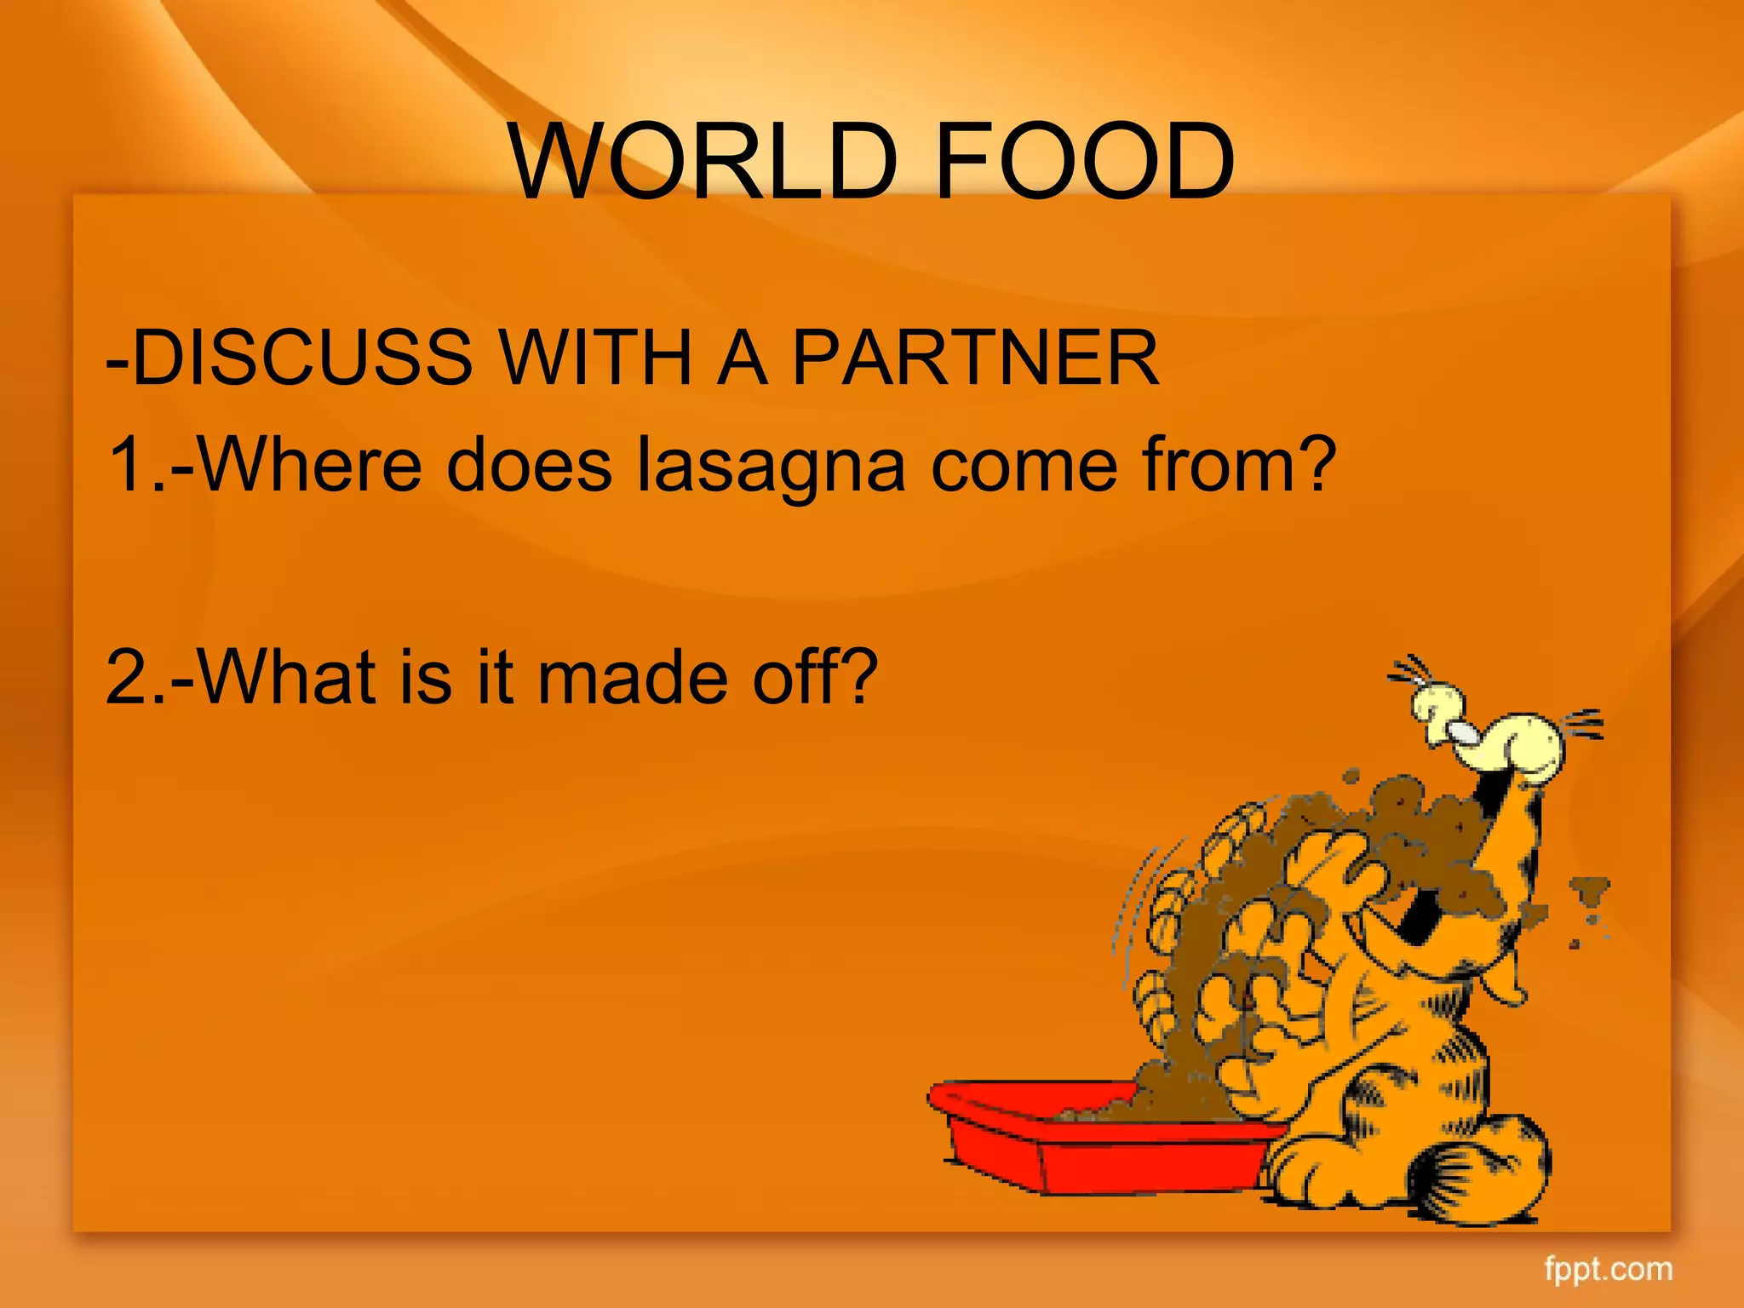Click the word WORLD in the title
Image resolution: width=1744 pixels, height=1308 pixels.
click(x=703, y=162)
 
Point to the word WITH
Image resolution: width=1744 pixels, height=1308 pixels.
click(x=596, y=358)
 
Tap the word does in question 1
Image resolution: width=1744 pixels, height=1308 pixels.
click(x=529, y=465)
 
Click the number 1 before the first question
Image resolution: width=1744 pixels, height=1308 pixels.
click(x=128, y=465)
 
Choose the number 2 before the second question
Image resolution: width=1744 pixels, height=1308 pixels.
click(x=128, y=677)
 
